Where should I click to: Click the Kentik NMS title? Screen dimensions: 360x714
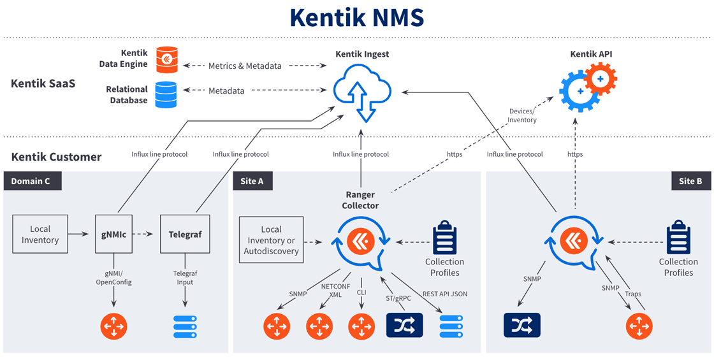click(x=357, y=17)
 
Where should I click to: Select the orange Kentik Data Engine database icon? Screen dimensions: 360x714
click(x=166, y=59)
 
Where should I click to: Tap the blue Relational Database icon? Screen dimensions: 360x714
click(x=166, y=94)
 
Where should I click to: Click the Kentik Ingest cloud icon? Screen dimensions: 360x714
click(x=361, y=93)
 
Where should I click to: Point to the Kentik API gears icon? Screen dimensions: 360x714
click(x=587, y=89)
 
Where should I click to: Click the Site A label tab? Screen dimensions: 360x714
click(x=252, y=181)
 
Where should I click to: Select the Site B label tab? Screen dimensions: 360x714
click(x=690, y=181)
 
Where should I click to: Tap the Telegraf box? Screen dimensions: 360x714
click(x=185, y=234)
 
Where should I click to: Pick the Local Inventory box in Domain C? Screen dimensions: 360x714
click(x=40, y=234)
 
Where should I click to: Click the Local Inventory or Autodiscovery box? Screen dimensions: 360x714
click(x=271, y=240)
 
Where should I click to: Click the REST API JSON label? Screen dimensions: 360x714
click(x=445, y=294)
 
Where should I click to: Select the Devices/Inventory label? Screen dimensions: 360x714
click(x=522, y=115)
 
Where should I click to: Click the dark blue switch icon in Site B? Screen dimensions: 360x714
click(x=521, y=325)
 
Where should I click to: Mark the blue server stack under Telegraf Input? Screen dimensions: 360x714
click(x=185, y=326)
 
